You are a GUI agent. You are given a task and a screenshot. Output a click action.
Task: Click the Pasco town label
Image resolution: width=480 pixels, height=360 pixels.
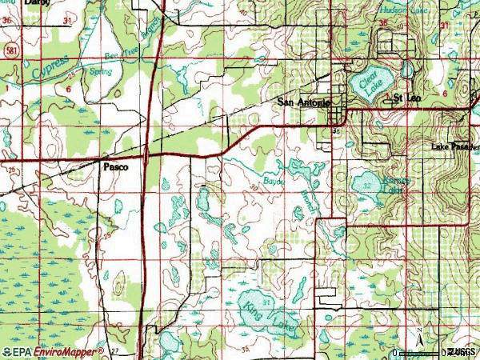(116, 167)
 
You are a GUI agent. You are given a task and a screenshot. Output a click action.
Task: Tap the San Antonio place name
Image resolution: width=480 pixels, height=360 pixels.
(303, 102)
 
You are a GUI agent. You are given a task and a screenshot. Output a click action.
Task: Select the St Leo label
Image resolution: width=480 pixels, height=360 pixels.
(406, 97)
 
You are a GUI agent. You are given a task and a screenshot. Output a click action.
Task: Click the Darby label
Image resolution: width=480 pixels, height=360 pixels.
(37, 3)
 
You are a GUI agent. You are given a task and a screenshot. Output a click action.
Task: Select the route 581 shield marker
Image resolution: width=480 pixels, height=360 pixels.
(7, 50)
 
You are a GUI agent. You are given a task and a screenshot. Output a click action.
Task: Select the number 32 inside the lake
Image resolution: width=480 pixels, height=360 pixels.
(366, 185)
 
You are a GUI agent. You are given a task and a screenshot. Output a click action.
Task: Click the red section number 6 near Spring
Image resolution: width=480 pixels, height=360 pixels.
(69, 90)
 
